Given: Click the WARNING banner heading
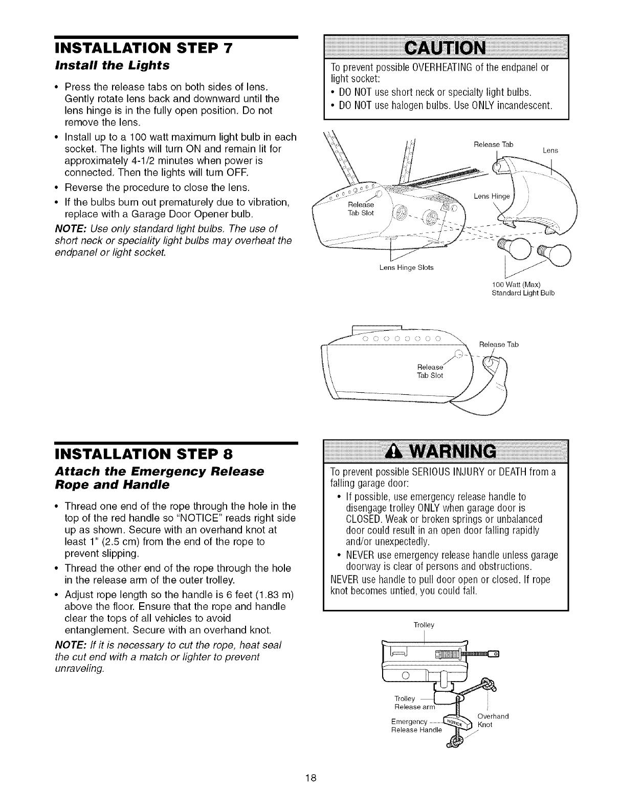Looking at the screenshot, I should point(455,452).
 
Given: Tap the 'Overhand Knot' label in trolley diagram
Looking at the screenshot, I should point(491,720).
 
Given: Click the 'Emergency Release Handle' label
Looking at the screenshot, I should point(414,726).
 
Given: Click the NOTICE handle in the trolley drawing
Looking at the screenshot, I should point(456,722).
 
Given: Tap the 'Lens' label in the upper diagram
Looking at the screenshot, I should point(550,151).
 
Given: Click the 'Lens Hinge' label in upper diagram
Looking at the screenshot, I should point(489,196).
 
